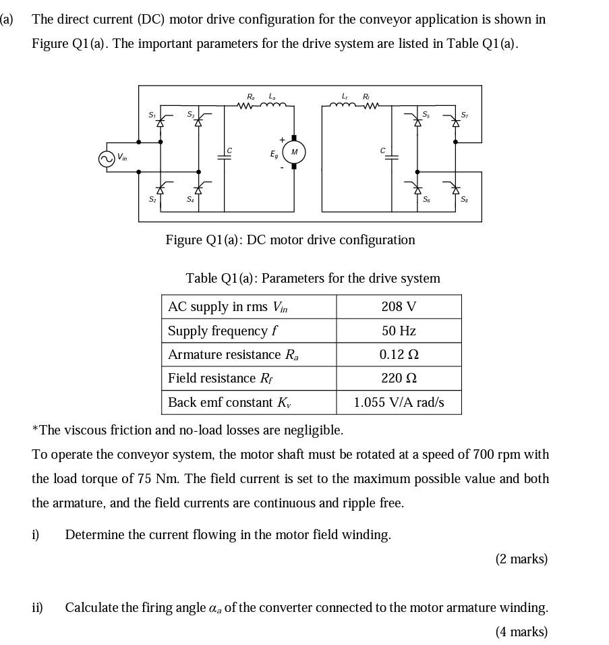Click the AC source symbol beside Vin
coord(106,159)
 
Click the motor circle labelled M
coord(293,152)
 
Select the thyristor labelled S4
coord(198,190)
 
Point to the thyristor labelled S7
coord(455,122)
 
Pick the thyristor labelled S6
coord(417,190)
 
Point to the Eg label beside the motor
coord(273,155)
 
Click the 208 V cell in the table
coord(399,306)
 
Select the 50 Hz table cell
coord(399,331)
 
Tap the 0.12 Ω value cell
coord(399,354)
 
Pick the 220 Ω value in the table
coord(399,378)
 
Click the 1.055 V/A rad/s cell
coord(399,402)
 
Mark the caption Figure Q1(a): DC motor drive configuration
coord(290,240)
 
